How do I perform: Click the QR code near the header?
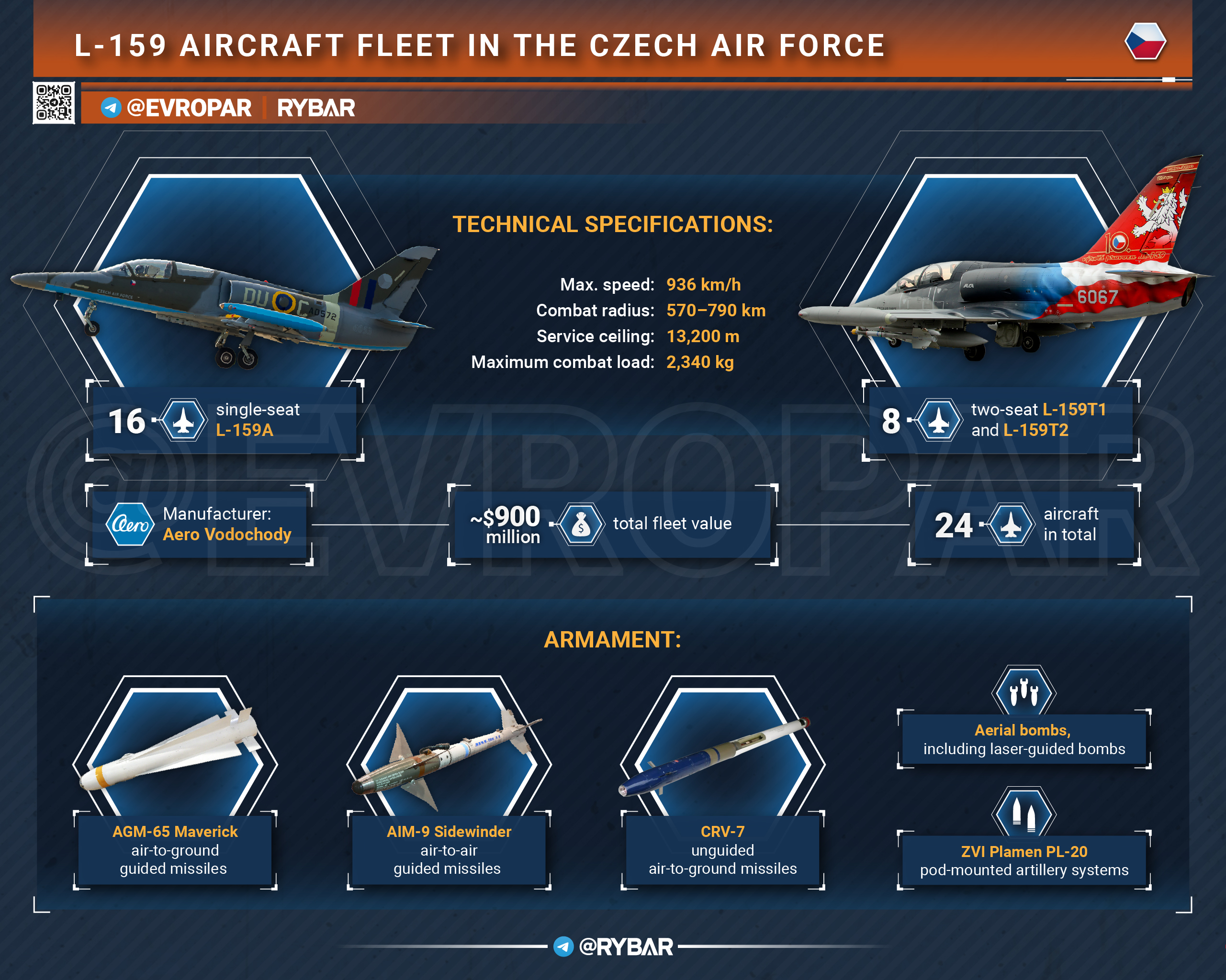[54, 103]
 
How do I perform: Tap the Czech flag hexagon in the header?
[1145, 41]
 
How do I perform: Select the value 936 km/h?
[703, 284]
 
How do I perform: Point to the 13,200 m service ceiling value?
[703, 336]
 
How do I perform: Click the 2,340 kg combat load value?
[700, 362]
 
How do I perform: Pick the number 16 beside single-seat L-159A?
[127, 421]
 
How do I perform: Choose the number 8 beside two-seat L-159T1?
[891, 421]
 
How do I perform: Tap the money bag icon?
[581, 524]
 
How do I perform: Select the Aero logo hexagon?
[130, 524]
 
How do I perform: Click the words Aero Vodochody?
[227, 535]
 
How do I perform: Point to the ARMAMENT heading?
[612, 639]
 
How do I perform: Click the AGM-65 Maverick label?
[175, 832]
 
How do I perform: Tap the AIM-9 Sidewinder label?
[449, 832]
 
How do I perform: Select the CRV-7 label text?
[722, 832]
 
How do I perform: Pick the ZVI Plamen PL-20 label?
[1024, 852]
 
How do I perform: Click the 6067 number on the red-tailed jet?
[1098, 297]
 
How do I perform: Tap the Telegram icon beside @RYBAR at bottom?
[563, 947]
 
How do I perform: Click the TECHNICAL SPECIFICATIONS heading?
[612, 224]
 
